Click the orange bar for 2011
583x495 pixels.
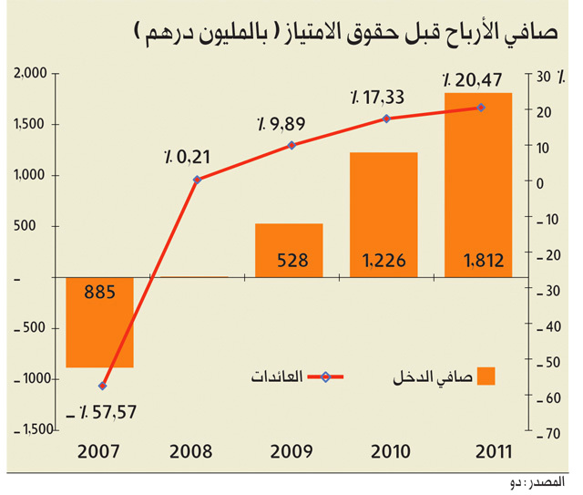(478, 185)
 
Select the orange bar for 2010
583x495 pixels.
(384, 215)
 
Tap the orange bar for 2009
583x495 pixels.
(289, 251)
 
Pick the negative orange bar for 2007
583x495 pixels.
(99, 323)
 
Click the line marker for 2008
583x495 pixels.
(197, 180)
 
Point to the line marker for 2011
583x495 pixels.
(481, 108)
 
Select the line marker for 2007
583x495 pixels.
(103, 386)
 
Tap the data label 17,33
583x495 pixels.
(377, 98)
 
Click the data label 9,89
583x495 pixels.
(281, 124)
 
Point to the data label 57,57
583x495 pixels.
(101, 412)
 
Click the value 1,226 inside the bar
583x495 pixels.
(384, 260)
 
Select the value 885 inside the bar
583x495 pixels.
(99, 292)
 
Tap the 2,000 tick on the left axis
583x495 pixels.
(30, 73)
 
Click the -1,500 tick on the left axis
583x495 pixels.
(34, 430)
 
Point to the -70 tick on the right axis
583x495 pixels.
(548, 434)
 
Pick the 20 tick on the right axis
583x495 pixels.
(544, 112)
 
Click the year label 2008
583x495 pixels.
(190, 452)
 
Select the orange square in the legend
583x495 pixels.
(486, 376)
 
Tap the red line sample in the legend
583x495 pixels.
(326, 377)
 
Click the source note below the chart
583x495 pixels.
(537, 482)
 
